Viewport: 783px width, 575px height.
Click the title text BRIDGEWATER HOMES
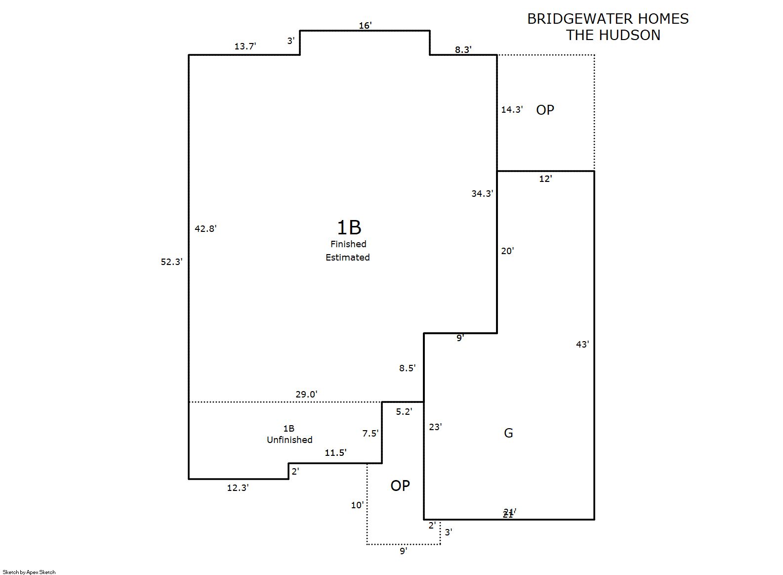608,19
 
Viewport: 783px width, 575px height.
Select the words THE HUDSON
613,35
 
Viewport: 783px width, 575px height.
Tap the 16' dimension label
365,26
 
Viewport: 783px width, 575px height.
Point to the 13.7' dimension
245,46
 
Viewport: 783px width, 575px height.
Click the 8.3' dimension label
463,49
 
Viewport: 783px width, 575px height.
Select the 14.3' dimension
512,110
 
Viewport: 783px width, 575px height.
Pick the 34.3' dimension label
482,194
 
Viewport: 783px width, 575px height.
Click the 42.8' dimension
206,228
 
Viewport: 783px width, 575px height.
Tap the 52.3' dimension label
171,262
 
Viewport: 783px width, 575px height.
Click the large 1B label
349,227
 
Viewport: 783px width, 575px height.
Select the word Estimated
348,258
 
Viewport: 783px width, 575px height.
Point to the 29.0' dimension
306,395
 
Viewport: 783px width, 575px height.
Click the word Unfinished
289,440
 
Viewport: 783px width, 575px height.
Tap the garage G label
508,433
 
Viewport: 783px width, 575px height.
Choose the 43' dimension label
582,345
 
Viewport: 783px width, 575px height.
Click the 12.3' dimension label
238,488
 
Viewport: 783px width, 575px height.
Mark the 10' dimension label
357,505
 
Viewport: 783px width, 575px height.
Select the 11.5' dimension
335,453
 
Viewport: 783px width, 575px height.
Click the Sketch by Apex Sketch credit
29,572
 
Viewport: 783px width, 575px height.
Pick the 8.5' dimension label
408,368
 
